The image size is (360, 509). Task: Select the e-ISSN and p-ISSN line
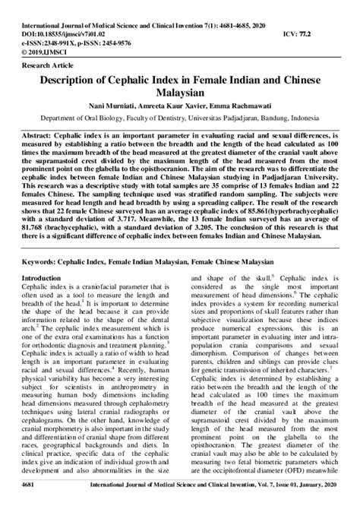point(57,23)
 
